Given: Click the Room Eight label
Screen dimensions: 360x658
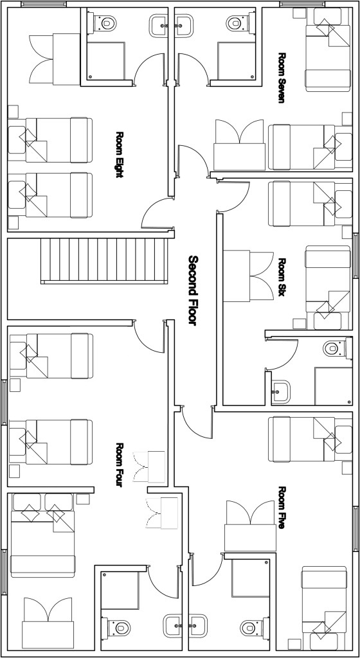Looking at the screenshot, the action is pyautogui.click(x=120, y=155).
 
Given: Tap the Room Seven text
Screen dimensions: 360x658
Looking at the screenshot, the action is pyautogui.click(x=282, y=78).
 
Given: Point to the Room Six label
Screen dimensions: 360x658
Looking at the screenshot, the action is pyautogui.click(x=282, y=277).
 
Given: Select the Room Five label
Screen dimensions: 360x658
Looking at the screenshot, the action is pyautogui.click(x=282, y=508).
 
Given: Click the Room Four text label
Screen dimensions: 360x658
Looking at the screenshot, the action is pyautogui.click(x=120, y=465).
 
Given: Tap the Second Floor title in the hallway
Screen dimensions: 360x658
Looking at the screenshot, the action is pyautogui.click(x=193, y=290).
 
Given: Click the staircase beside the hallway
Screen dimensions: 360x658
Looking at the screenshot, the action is pyautogui.click(x=105, y=260).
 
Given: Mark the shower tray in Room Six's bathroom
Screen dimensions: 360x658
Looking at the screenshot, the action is pyautogui.click(x=334, y=386).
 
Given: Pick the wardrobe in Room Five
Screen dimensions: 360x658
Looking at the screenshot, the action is pyautogui.click(x=251, y=526).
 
